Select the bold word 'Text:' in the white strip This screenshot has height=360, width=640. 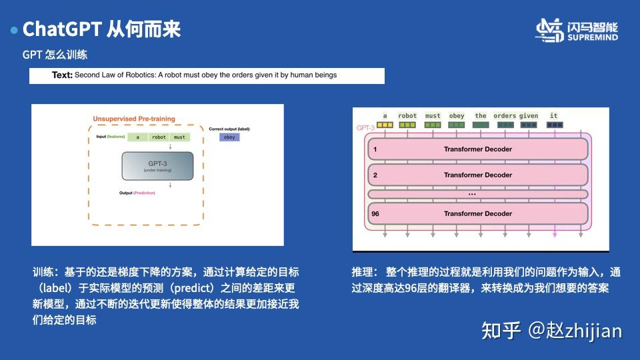click(x=62, y=75)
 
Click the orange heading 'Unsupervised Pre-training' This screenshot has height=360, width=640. click(x=134, y=119)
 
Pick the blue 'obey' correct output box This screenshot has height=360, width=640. click(x=229, y=137)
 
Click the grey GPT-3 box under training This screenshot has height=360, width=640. click(x=157, y=166)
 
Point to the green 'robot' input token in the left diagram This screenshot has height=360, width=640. click(x=159, y=137)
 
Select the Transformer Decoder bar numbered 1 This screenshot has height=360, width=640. click(x=477, y=149)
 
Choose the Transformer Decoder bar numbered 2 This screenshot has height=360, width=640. click(x=477, y=175)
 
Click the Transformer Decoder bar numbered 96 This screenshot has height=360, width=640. click(x=477, y=213)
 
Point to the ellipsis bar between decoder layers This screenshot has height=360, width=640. click(x=477, y=194)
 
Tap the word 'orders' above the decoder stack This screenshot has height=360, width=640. click(x=505, y=116)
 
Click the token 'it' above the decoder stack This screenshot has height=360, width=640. click(x=554, y=116)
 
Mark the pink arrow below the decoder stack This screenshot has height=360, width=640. click(x=555, y=233)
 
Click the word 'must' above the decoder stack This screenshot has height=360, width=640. click(x=433, y=116)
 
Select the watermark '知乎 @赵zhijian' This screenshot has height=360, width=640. click(x=551, y=329)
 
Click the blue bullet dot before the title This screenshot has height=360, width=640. click(x=14, y=30)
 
